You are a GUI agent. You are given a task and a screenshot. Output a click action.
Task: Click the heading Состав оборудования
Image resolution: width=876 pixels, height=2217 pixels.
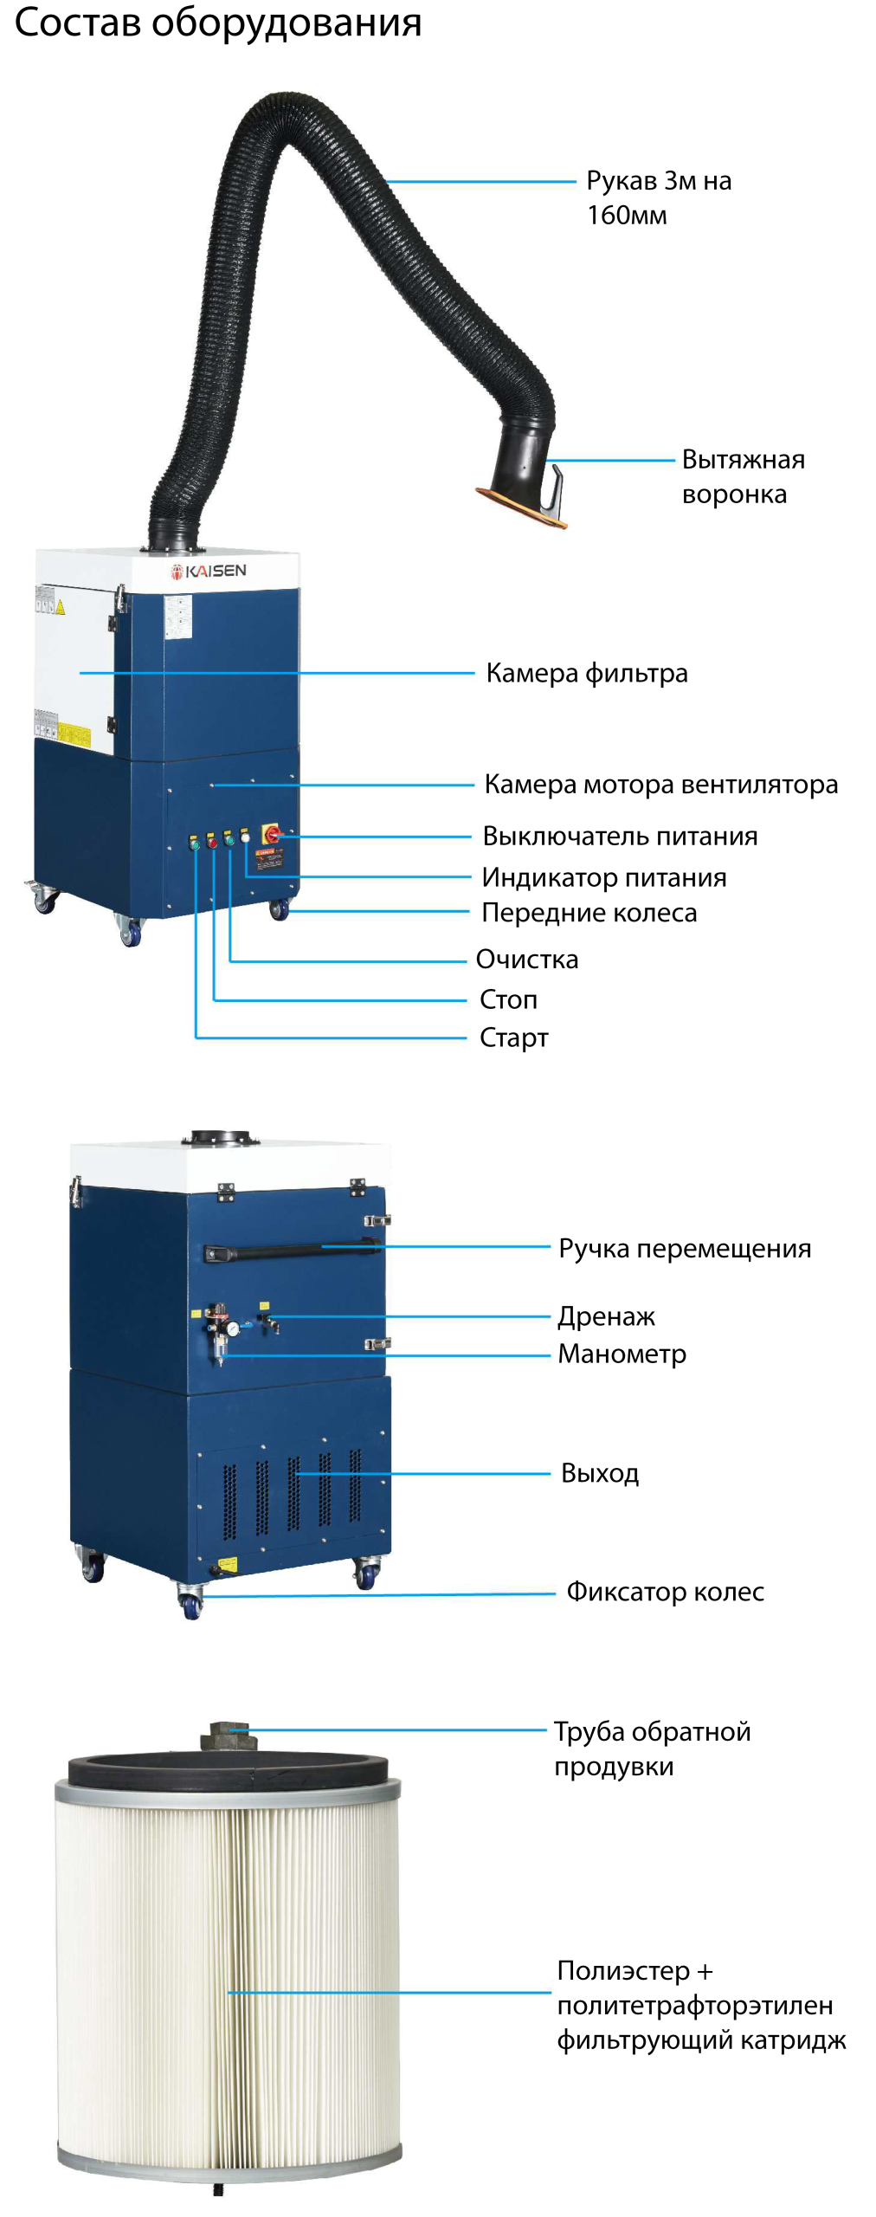click(x=217, y=23)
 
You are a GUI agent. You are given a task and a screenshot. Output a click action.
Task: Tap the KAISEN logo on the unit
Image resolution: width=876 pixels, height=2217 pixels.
click(x=209, y=571)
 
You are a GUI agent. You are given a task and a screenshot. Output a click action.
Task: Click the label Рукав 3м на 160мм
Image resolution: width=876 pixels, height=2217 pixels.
click(x=658, y=197)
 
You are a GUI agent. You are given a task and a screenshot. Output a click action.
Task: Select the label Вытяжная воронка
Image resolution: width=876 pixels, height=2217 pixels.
click(x=742, y=476)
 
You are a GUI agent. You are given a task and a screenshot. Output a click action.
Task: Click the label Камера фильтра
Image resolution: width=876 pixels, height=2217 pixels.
click(x=586, y=673)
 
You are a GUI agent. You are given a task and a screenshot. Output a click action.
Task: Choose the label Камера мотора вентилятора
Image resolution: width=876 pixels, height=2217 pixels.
click(x=660, y=785)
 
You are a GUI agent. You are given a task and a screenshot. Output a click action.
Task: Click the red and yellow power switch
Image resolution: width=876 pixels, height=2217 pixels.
click(x=272, y=834)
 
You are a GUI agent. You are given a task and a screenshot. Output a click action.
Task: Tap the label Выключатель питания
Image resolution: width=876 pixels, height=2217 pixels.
click(x=619, y=837)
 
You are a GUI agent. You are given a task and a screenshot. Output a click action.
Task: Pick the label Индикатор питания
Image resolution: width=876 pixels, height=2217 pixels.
click(x=603, y=878)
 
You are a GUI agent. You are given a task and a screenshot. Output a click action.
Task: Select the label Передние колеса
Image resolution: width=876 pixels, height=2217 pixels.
click(x=589, y=913)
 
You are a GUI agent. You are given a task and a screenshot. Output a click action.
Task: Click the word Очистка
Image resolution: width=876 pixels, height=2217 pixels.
click(x=526, y=960)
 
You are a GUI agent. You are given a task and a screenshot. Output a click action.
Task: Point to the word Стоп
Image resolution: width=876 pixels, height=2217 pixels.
click(x=508, y=999)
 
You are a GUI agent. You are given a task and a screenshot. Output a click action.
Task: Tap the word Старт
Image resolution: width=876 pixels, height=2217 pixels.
click(x=513, y=1037)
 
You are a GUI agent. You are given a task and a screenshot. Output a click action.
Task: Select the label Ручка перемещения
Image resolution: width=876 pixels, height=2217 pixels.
click(x=684, y=1249)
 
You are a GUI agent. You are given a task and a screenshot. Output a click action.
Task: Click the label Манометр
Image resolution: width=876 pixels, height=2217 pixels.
click(x=622, y=1354)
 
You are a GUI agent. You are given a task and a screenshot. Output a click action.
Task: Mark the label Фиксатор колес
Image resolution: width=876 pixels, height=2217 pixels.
click(x=665, y=1592)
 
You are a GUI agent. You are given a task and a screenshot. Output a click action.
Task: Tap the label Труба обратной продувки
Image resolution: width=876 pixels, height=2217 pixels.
click(x=652, y=1748)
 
